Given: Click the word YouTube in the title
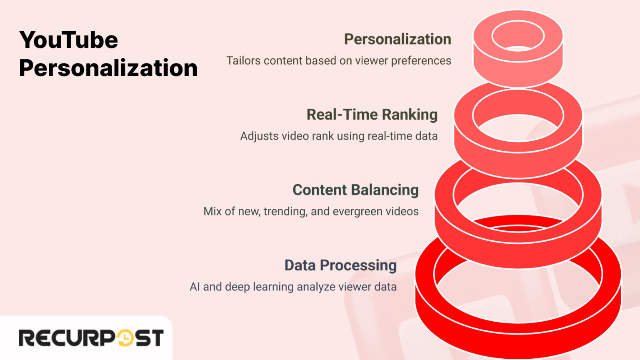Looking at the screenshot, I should point(69,40).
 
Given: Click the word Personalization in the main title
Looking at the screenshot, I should point(108,68).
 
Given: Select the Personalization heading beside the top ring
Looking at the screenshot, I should point(397,39).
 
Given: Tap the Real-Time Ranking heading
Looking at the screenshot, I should point(372,115).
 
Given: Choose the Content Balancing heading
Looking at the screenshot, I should point(355,190).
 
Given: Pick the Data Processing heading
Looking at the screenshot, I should point(340,265).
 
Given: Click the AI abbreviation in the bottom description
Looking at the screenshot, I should point(195,287).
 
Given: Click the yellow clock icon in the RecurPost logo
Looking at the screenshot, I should point(125,338).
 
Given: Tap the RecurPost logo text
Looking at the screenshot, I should point(91,338).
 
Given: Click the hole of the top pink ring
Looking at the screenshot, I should point(518,36).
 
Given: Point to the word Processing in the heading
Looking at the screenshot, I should point(358,265).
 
